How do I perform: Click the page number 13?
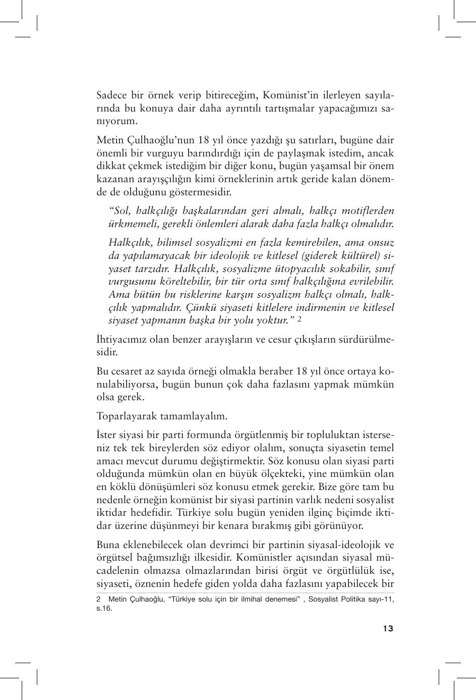[x=387, y=628]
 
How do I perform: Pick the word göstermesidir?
[x=202, y=192]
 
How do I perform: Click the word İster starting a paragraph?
[x=107, y=435]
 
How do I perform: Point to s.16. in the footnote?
[x=104, y=608]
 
